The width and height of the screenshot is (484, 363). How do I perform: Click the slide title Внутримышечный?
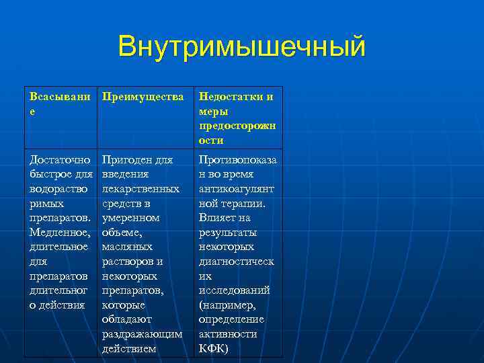242,47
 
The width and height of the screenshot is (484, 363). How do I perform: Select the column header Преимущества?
143,97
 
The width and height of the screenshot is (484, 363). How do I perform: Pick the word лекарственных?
140,189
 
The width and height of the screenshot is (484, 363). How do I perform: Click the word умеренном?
130,218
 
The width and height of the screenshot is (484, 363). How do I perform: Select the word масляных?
127,247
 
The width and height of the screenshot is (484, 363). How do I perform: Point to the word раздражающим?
142,334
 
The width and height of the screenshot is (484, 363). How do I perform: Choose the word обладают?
127,319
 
